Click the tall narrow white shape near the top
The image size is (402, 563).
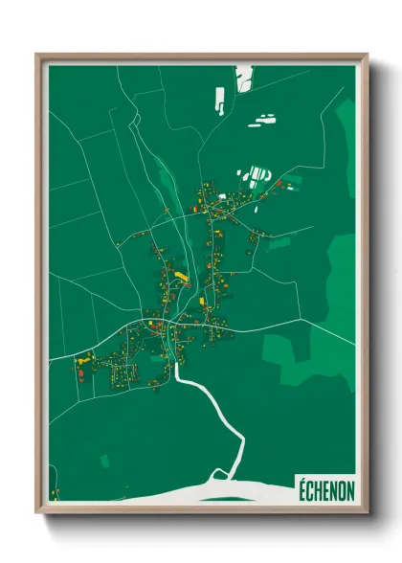click(220, 97)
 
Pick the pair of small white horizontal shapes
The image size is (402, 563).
click(261, 120)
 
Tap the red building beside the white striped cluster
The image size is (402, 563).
click(279, 182)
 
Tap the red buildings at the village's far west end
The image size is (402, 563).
click(82, 374)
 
